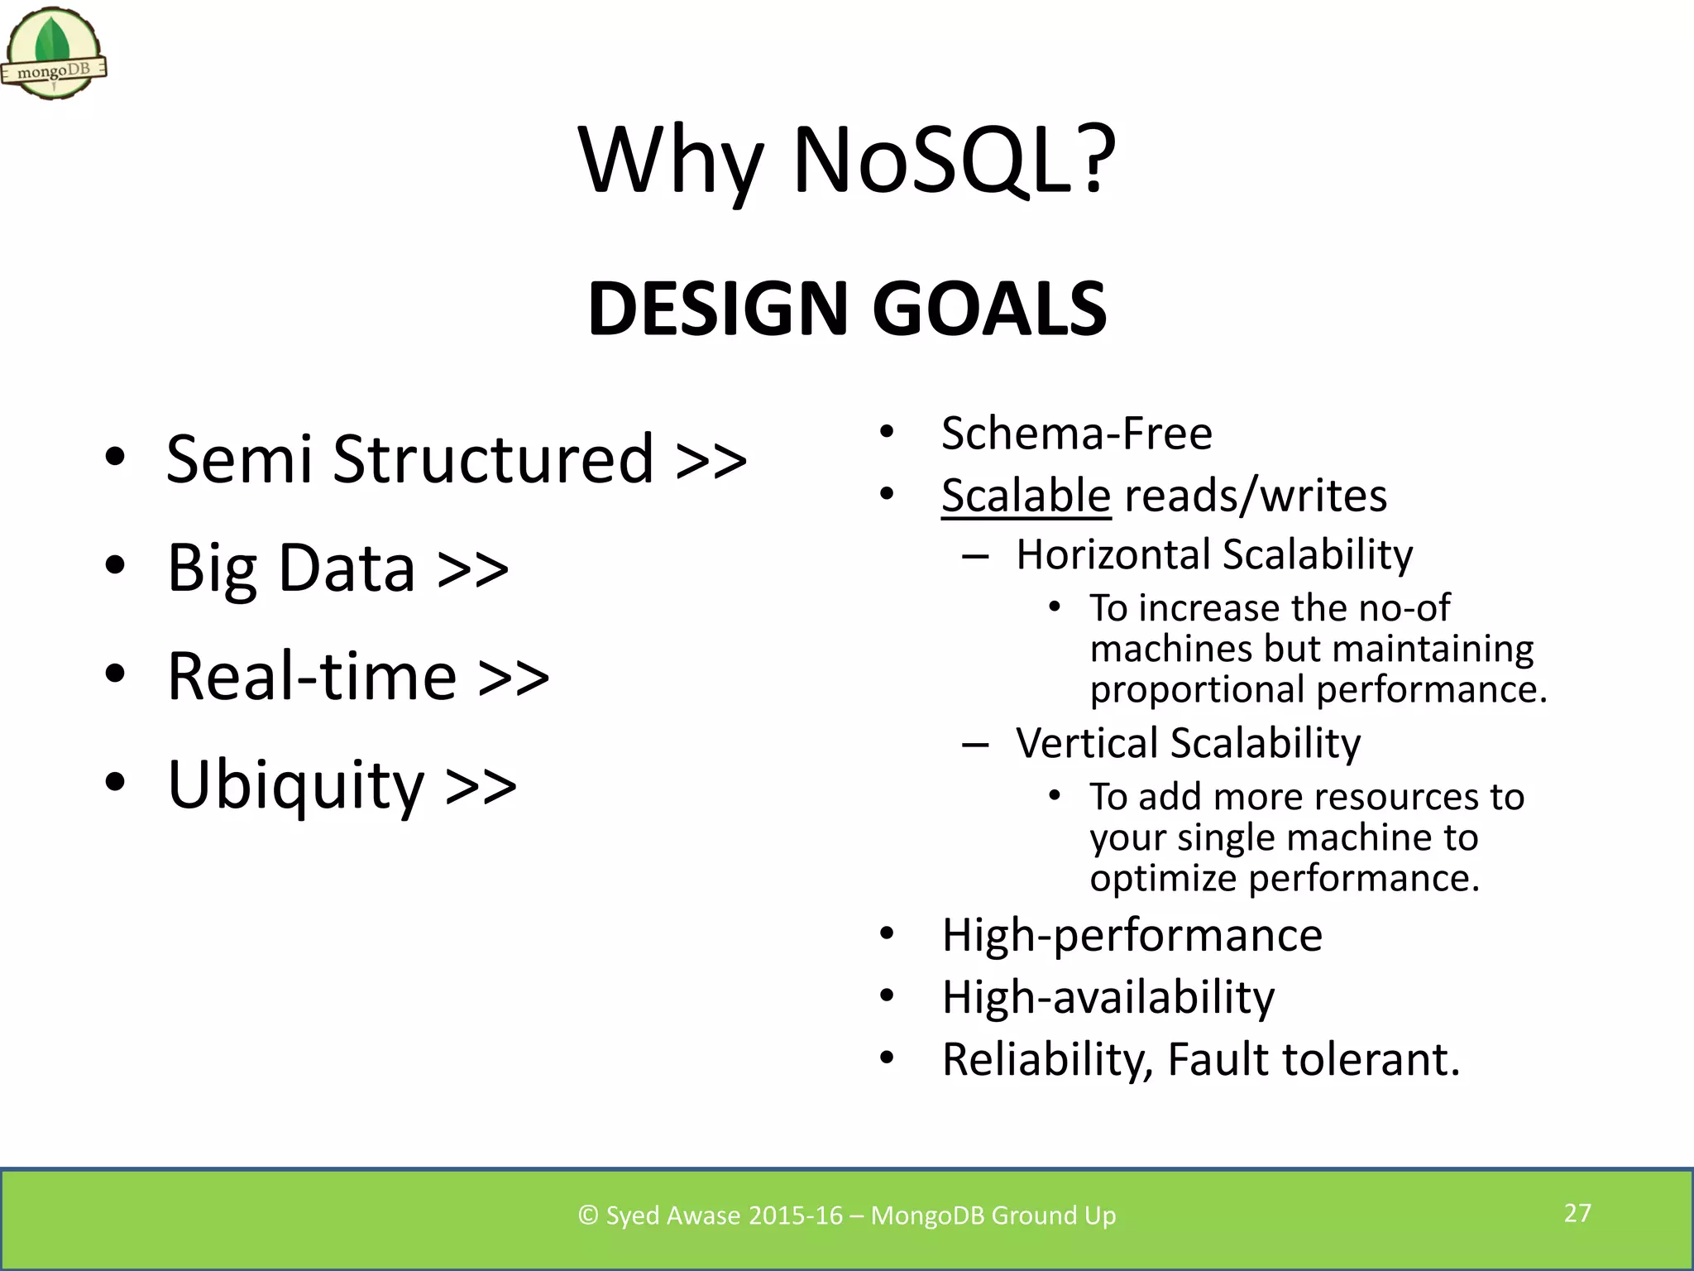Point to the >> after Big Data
tap(472, 569)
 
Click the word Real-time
tap(312, 677)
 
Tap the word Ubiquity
tap(295, 786)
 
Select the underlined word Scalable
tap(1026, 496)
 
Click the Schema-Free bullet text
tap(1076, 434)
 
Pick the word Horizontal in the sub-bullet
tap(1114, 554)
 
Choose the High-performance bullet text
tap(1132, 935)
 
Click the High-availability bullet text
tap(1108, 997)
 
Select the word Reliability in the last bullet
tap(1047, 1060)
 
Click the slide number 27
tap(1577, 1213)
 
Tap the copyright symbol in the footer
tap(588, 1215)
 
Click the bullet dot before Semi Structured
tap(115, 457)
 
